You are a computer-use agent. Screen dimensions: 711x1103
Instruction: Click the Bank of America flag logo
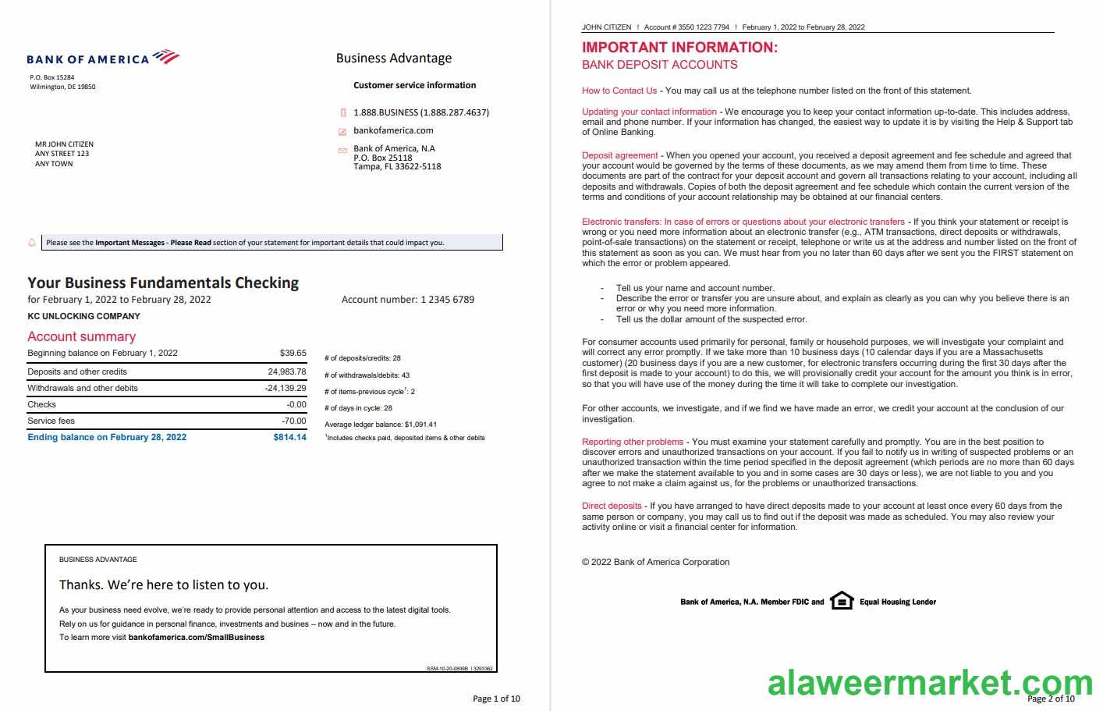coord(165,56)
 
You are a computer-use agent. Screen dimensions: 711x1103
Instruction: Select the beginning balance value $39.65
coord(293,354)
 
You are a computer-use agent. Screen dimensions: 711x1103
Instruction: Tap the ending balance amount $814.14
coord(289,438)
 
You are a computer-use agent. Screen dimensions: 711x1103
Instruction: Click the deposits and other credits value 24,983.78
coord(286,372)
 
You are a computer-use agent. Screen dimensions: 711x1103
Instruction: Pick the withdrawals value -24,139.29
coord(285,389)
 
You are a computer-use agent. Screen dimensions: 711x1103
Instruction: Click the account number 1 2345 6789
coord(447,300)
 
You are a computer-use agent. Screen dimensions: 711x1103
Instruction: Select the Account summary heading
coord(81,337)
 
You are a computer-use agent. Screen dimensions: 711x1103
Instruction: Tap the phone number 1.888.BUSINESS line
coord(421,112)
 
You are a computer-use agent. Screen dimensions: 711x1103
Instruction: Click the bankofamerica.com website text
coord(393,131)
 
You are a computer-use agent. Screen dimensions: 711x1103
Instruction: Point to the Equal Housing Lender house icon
coord(842,601)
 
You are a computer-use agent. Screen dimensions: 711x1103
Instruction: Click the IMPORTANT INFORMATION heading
coord(679,48)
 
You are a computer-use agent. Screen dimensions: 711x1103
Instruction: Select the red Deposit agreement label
coord(619,156)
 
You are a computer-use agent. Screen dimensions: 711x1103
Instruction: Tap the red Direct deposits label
coord(612,507)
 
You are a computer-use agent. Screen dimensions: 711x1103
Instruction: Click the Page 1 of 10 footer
coord(496,699)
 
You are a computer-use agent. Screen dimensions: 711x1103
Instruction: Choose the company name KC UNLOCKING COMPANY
coord(83,317)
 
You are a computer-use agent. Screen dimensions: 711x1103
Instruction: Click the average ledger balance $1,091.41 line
coord(381,425)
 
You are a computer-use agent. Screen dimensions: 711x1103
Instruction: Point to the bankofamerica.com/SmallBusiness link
coord(196,638)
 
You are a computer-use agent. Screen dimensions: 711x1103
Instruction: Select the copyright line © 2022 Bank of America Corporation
coord(655,562)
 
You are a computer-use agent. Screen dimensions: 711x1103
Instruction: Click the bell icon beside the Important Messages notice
coord(32,243)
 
